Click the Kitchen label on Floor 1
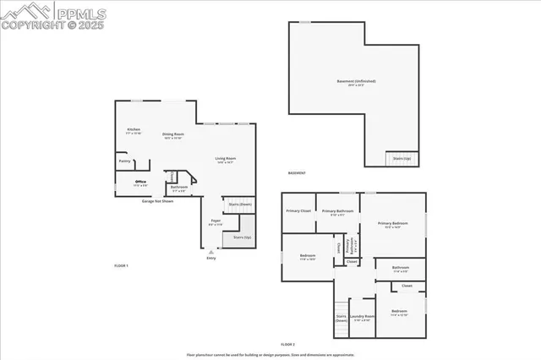[x=134, y=130]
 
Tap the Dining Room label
[x=173, y=134]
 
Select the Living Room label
[x=225, y=159]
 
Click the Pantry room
[x=124, y=161]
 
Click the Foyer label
[x=216, y=222]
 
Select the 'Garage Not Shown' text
[x=157, y=202]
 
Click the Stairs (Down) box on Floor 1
[x=240, y=205]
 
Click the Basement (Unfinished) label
[x=356, y=82]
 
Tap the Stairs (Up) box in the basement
[x=402, y=158]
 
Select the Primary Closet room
[x=298, y=210]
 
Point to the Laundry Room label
[x=363, y=318]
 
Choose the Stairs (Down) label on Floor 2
[x=342, y=319]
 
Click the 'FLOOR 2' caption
[x=287, y=345]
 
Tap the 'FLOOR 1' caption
[x=121, y=265]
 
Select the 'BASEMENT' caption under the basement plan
[x=297, y=173]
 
